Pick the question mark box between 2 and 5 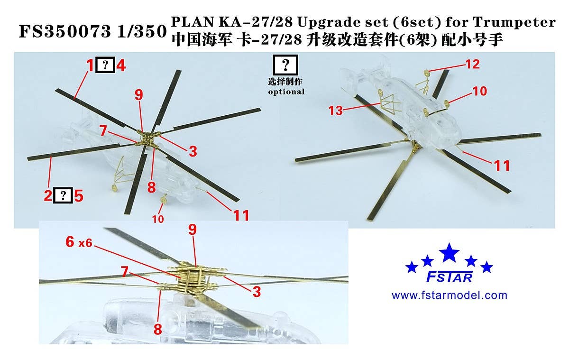[64, 195]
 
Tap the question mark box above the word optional [286, 65]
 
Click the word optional [286, 92]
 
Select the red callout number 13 [336, 111]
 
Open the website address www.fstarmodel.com [449, 295]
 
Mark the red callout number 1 [90, 65]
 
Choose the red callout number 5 [79, 195]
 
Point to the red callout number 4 [121, 65]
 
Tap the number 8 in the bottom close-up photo [157, 328]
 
